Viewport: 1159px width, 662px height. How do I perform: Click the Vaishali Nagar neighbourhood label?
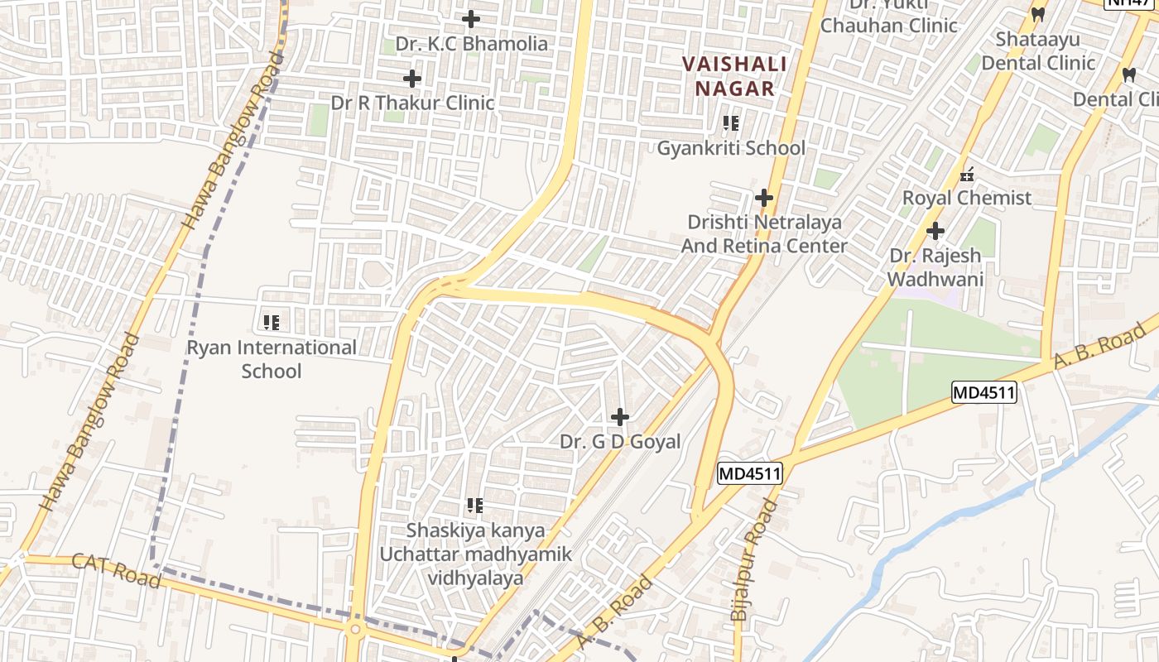click(729, 75)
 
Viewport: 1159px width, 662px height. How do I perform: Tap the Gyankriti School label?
click(731, 148)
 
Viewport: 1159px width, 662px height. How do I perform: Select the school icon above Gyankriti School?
click(731, 123)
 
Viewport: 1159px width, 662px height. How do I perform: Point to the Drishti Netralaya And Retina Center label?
click(763, 234)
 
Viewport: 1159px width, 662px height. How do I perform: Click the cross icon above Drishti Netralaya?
click(763, 198)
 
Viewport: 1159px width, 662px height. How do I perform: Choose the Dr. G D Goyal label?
click(620, 442)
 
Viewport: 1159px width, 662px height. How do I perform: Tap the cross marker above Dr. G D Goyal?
click(619, 417)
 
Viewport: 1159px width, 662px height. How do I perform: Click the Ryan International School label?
click(272, 359)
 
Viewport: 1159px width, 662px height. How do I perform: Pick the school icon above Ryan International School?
click(271, 322)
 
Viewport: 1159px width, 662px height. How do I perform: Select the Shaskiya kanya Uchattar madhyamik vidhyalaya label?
click(475, 554)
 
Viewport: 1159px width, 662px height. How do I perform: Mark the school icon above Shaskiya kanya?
click(474, 505)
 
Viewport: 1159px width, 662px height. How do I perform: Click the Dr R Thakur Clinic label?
click(412, 103)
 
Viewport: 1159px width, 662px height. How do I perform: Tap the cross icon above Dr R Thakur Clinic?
click(411, 79)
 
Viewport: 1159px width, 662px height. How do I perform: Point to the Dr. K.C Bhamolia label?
click(471, 44)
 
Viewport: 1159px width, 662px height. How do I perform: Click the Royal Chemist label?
click(966, 199)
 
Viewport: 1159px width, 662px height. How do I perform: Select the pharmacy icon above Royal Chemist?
click(966, 174)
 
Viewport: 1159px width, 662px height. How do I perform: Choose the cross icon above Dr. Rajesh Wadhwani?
click(935, 231)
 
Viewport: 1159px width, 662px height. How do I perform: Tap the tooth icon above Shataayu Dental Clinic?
click(1037, 14)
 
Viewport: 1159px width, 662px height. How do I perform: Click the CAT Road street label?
click(116, 570)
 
